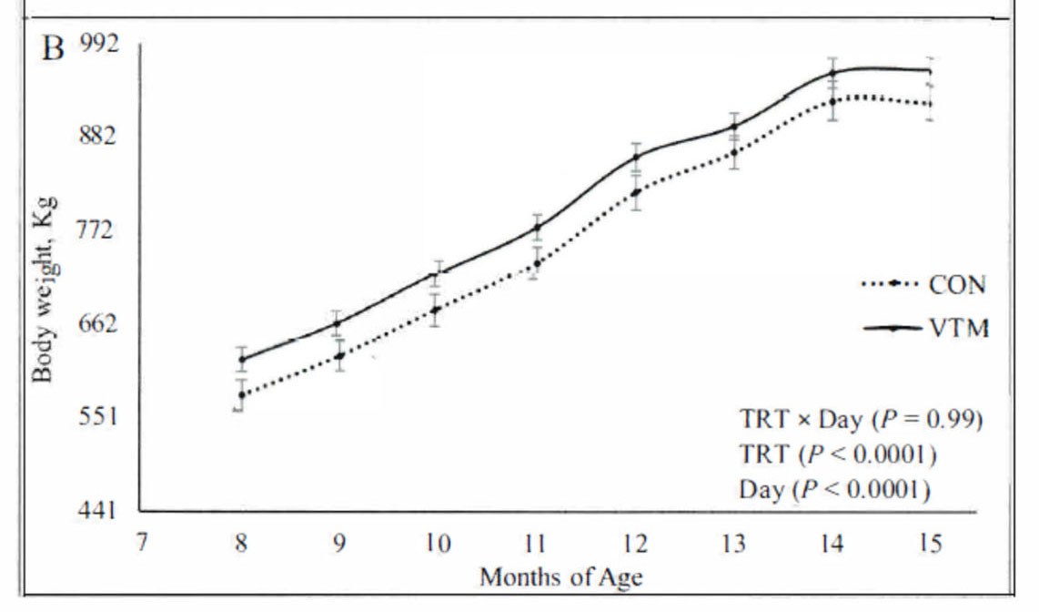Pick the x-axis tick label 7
click(x=142, y=544)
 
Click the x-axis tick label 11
click(x=535, y=544)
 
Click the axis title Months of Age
click(x=561, y=577)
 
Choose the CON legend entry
click(x=956, y=284)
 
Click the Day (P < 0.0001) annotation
click(x=833, y=490)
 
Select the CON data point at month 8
click(x=241, y=394)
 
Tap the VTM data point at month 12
click(x=635, y=158)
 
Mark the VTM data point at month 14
click(x=832, y=73)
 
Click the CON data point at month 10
click(x=438, y=310)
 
